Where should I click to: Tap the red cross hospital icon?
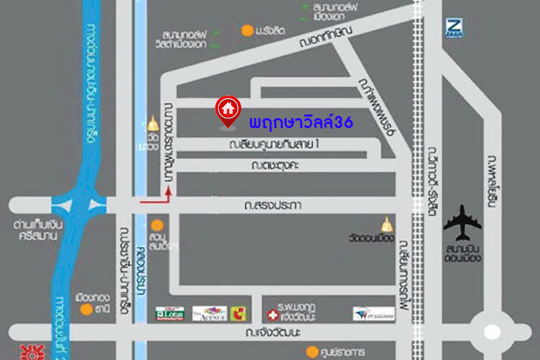pos(273,315)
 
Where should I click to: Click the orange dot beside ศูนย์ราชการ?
pos(311,351)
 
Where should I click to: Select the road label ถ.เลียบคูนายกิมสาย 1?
pos(274,145)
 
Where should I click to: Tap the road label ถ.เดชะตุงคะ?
pos(276,166)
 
